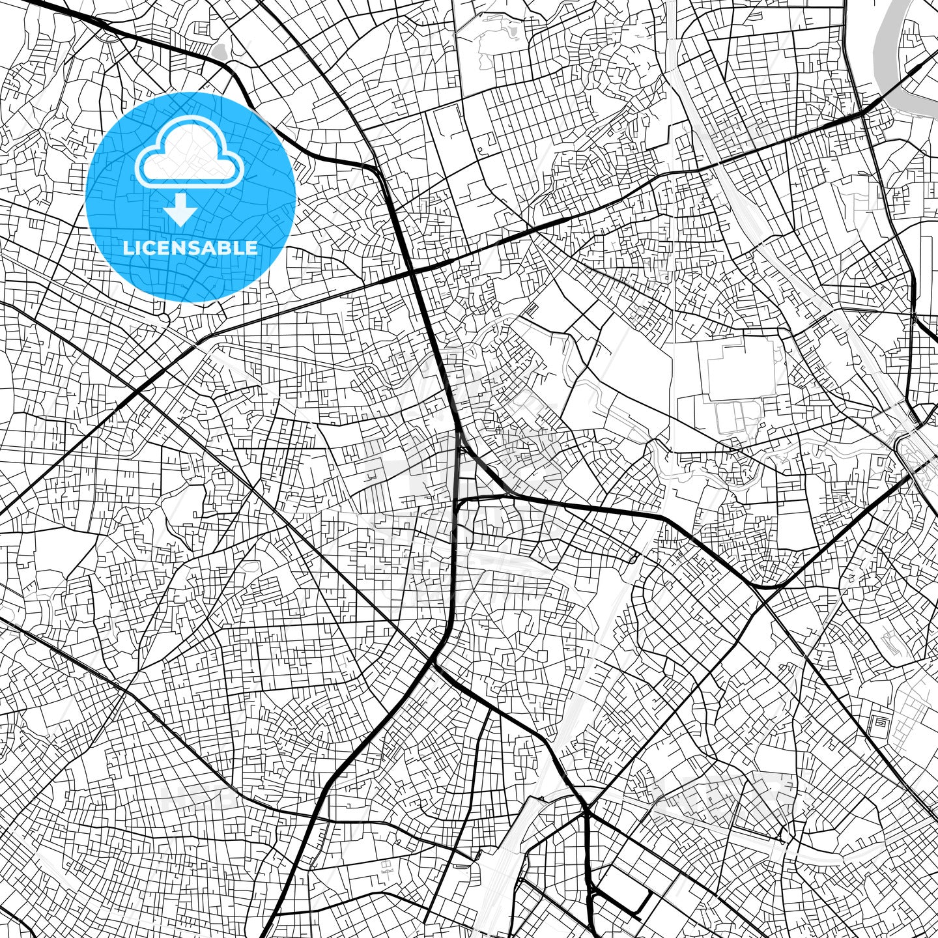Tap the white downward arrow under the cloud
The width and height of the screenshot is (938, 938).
(180, 209)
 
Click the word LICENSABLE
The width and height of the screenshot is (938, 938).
(190, 248)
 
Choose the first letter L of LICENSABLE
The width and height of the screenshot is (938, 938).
(128, 248)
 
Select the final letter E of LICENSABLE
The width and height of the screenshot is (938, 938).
(251, 248)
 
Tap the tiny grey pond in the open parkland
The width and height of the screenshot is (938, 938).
(512, 31)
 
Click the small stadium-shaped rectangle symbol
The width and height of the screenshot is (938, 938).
(879, 722)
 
